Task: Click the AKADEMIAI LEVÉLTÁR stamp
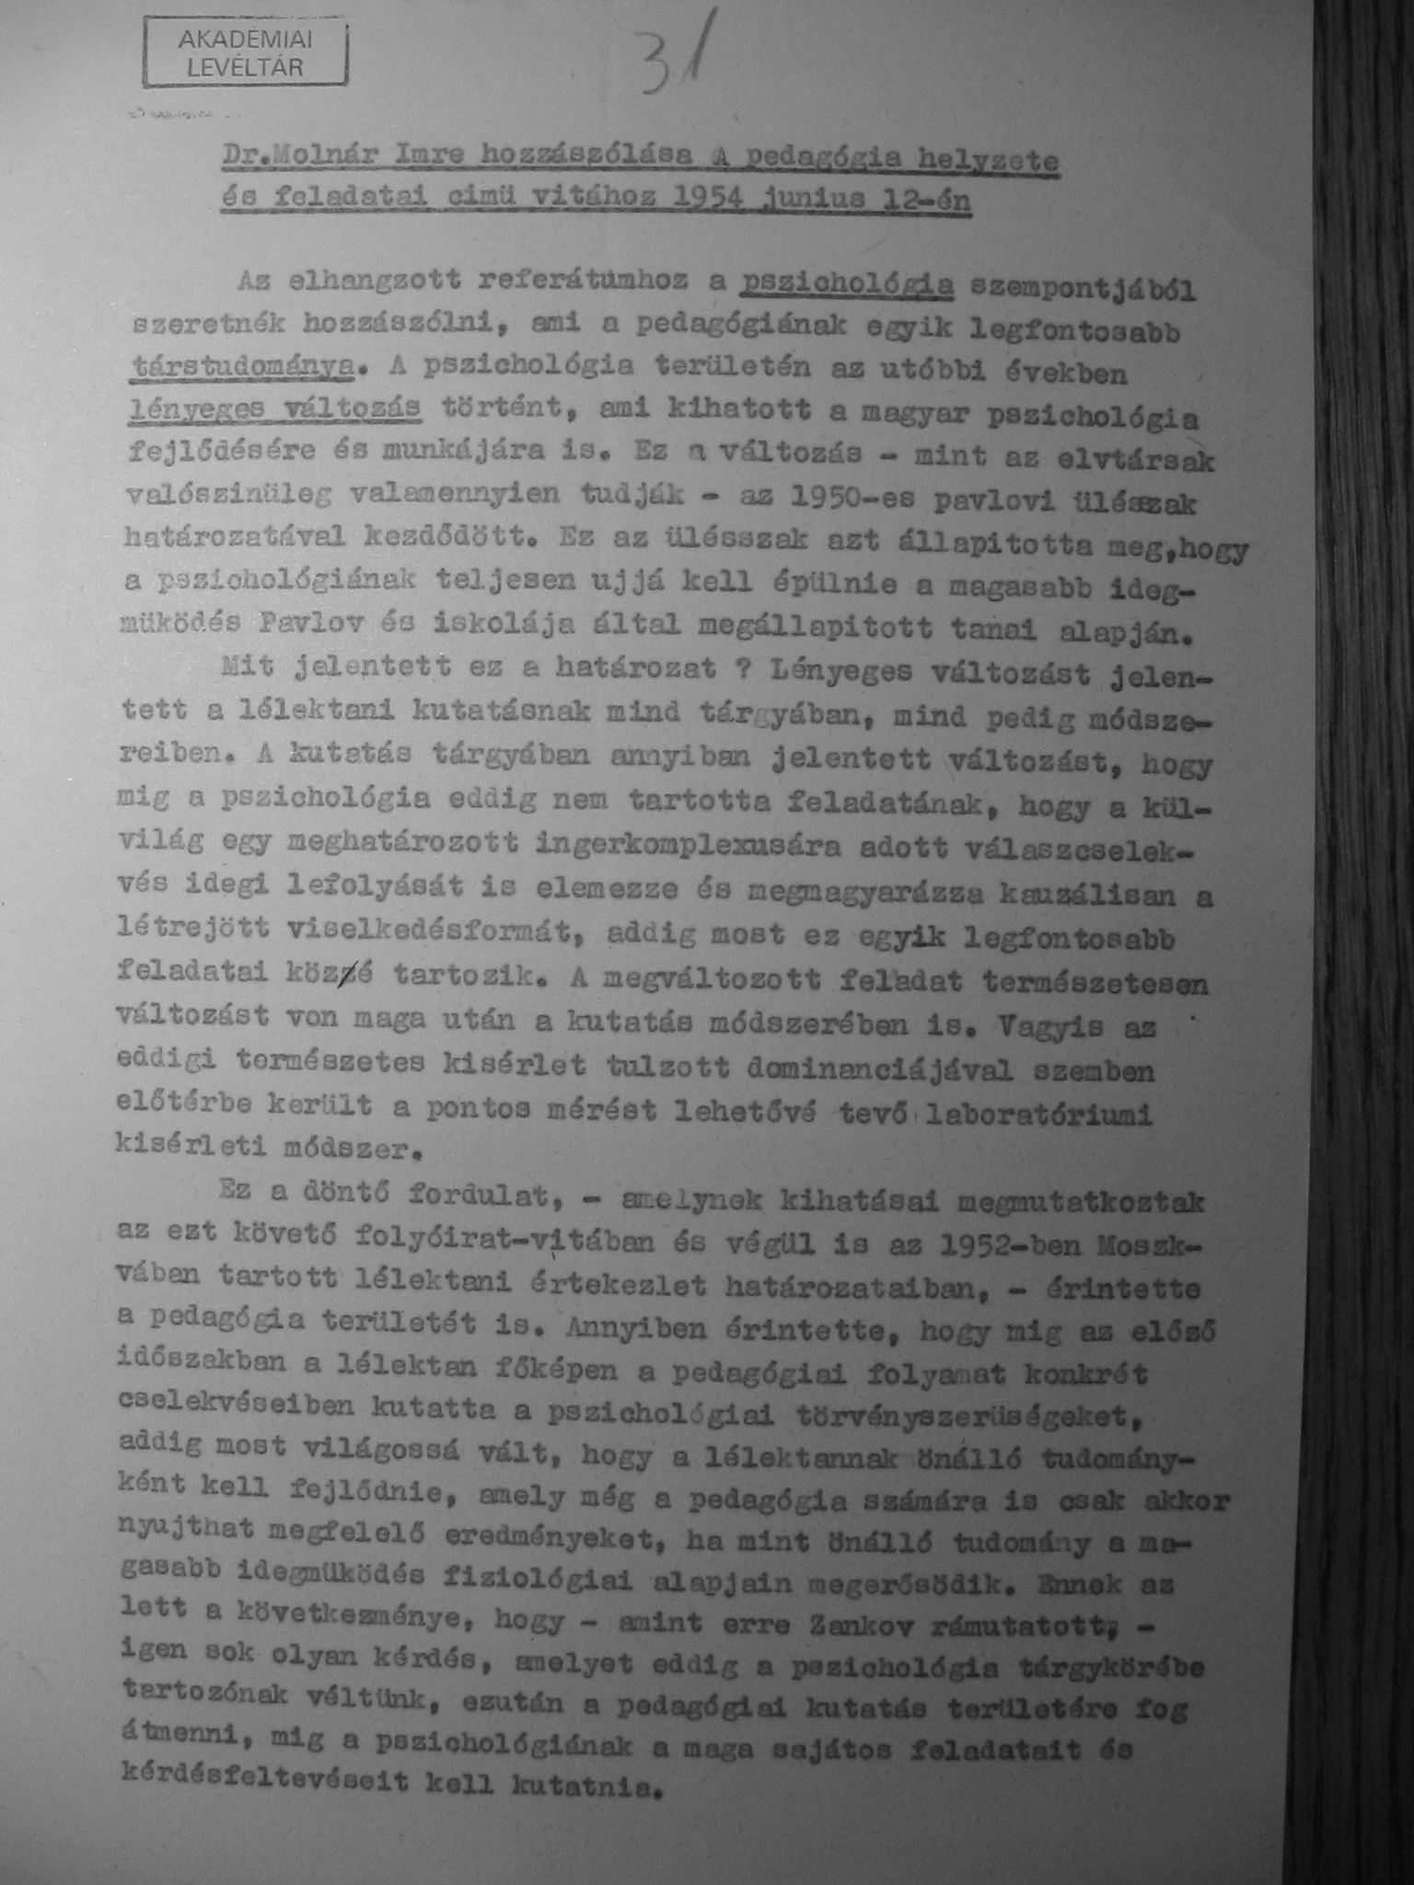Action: [246, 53]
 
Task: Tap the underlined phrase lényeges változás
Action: [273, 408]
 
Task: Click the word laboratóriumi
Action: [1039, 1115]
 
